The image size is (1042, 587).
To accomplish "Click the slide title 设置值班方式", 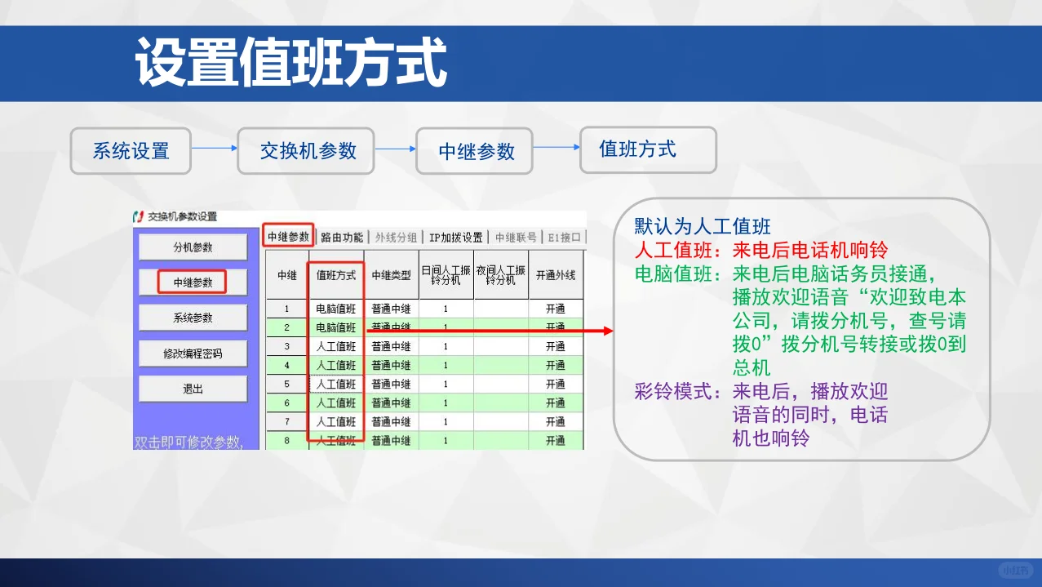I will click(291, 63).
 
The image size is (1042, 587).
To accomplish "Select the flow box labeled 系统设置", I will click(131, 151).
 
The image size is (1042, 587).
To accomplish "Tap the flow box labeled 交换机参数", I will click(306, 151).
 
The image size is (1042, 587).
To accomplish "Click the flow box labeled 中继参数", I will click(475, 151).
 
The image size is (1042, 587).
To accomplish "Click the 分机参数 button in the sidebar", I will click(193, 247).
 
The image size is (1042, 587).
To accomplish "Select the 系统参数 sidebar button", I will click(193, 318).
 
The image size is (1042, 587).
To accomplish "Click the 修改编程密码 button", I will click(193, 354).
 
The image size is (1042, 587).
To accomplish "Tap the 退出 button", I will click(193, 389).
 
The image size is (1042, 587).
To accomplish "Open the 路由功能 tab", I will click(341, 238).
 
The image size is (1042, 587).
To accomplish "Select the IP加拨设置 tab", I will click(456, 238).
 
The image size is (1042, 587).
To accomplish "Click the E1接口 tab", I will click(565, 238).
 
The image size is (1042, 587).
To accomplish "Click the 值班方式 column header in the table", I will click(336, 276).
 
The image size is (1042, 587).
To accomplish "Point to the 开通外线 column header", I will click(556, 276).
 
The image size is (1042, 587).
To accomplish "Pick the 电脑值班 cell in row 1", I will click(336, 309).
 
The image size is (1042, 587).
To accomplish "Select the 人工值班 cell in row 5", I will click(336, 385).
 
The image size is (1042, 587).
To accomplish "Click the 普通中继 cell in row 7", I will click(391, 422).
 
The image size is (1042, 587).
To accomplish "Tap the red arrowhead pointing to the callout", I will click(607, 331).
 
